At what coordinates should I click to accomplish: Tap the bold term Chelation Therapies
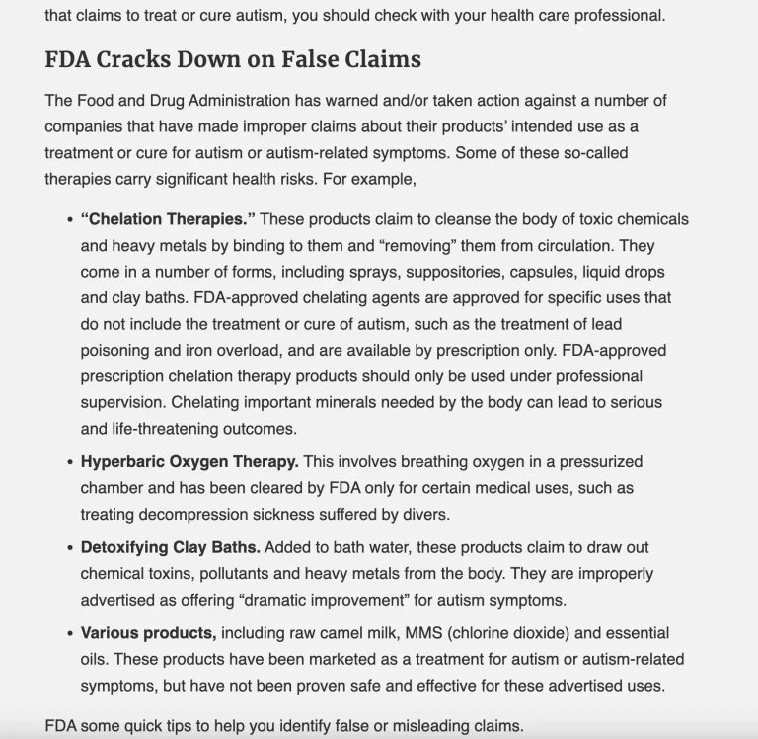coord(168,219)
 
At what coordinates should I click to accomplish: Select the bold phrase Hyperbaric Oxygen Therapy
coord(189,461)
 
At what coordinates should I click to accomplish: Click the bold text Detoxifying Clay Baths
coord(170,547)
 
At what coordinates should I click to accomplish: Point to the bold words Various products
coord(148,633)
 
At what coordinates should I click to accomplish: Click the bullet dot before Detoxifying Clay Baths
coord(70,548)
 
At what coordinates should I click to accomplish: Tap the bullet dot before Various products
coord(70,634)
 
